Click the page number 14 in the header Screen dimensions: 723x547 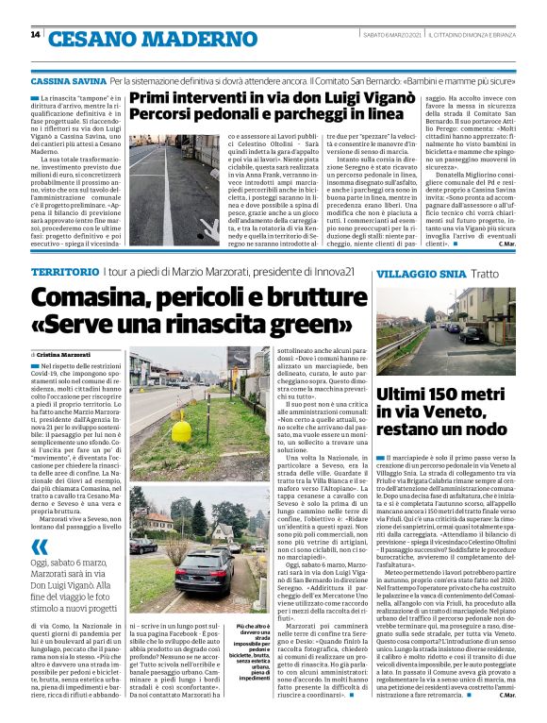[35, 35]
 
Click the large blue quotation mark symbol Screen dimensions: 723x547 [39, 545]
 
